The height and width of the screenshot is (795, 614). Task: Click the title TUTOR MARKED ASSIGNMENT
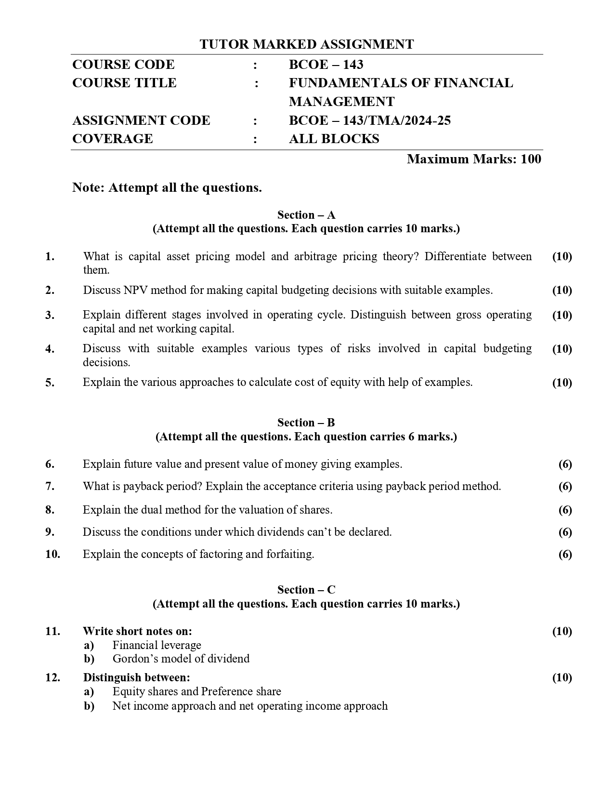[307, 44]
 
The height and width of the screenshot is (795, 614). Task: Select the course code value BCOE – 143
[326, 65]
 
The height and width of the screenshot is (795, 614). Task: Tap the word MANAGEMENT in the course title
[341, 102]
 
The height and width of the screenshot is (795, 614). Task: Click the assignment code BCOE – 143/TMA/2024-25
[369, 120]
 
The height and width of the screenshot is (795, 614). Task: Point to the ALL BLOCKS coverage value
[334, 139]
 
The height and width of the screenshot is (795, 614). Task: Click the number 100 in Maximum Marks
[531, 159]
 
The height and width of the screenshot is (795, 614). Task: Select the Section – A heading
[306, 215]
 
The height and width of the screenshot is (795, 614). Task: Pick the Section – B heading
[306, 423]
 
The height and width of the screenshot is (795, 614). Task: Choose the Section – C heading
[306, 590]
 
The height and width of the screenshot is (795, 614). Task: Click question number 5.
[50, 383]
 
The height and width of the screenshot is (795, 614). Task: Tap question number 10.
[52, 554]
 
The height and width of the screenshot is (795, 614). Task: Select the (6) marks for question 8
[565, 510]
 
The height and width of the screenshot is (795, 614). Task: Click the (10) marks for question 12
[562, 677]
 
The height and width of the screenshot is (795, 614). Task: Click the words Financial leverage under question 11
[157, 645]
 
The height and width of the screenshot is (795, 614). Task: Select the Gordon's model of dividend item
[181, 659]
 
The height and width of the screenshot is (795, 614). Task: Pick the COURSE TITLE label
[124, 83]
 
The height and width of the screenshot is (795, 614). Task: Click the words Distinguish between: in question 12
[136, 677]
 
